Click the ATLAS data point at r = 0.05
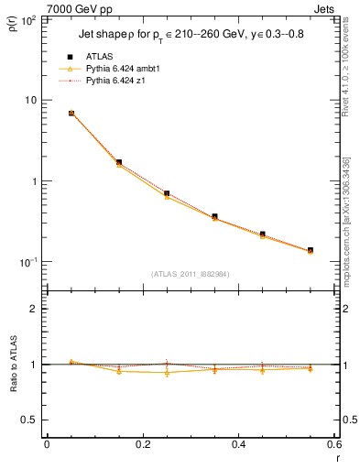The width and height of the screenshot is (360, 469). pos(71,114)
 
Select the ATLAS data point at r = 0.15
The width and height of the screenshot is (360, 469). pos(119,162)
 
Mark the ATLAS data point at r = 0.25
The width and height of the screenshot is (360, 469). pos(167,193)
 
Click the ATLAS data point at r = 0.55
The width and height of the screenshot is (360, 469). pos(311,250)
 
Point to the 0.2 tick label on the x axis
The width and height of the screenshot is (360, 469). pos(142,444)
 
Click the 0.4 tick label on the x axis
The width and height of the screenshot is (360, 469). pos(238,444)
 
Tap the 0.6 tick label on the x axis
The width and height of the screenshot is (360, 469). pos(333,444)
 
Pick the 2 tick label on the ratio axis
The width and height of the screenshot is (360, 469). pos(33,309)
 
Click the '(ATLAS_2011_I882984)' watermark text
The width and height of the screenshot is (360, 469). pos(191,273)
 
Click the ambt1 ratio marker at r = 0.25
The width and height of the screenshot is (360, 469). pos(167,373)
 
